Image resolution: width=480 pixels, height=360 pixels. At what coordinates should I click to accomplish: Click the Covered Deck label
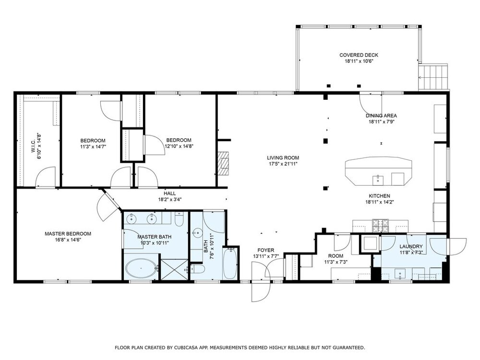359,55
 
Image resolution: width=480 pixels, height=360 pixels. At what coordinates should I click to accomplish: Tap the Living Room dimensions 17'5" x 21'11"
283,164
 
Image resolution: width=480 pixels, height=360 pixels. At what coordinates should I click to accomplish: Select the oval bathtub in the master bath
141,268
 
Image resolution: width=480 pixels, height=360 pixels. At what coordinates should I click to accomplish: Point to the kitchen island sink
378,180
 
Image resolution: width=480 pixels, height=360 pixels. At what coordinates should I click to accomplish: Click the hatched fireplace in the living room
223,163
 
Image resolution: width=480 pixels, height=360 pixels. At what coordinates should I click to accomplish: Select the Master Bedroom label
68,234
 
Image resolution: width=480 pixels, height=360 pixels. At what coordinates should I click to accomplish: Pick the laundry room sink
400,274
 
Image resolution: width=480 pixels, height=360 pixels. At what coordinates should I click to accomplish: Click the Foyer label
266,250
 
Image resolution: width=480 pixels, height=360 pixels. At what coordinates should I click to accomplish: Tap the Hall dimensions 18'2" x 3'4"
169,200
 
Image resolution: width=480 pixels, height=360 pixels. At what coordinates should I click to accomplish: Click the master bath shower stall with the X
175,269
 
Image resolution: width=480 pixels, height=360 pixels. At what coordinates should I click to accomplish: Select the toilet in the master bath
179,219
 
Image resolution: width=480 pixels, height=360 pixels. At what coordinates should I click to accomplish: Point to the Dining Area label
381,116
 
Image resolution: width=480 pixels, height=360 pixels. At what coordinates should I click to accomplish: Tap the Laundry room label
411,246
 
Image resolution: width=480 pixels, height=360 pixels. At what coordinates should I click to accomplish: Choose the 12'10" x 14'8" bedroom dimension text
179,146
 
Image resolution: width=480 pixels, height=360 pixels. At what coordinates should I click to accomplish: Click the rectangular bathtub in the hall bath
229,264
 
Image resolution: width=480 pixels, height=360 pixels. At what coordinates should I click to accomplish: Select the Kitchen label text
379,196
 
